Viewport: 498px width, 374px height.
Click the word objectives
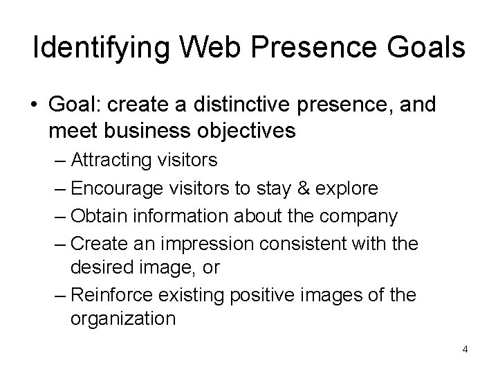(244, 130)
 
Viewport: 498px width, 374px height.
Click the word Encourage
(118, 189)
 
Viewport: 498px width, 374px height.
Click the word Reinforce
(114, 295)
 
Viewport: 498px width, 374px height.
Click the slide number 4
(465, 348)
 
